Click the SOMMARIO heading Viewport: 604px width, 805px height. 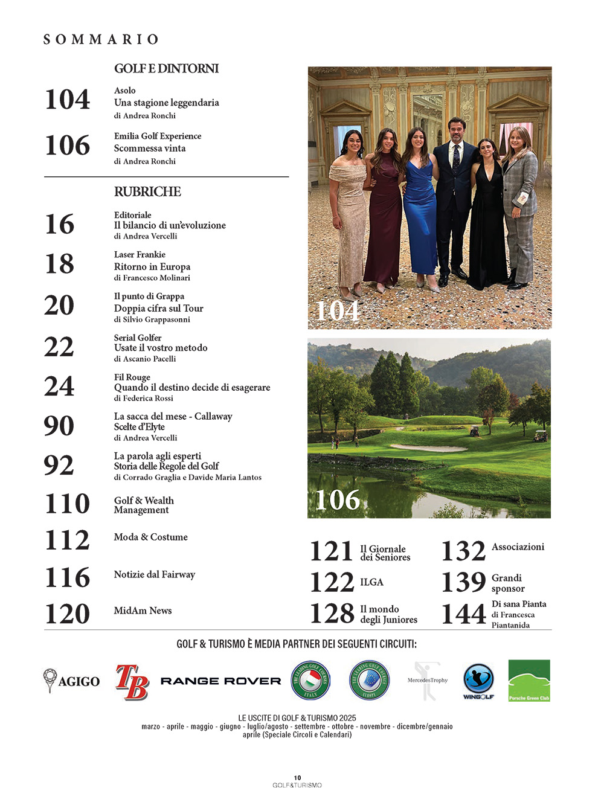101,40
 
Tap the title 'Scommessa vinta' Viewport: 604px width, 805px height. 150,149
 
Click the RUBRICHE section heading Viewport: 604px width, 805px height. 147,192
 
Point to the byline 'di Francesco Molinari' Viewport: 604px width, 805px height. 152,278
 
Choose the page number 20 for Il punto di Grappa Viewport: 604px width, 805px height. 59,306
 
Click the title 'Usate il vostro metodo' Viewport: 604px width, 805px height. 161,348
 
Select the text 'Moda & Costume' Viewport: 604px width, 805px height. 151,537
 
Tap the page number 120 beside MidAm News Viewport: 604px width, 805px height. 67,614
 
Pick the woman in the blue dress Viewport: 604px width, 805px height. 419,205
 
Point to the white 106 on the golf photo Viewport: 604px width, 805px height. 337,500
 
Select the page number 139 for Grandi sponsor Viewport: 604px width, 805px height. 463,582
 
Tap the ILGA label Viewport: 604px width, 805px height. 371,582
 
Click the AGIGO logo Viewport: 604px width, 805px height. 71,681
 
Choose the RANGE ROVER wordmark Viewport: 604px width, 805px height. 220,681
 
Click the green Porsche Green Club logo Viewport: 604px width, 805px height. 529,681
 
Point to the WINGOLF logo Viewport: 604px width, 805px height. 478,681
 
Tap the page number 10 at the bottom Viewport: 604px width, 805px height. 297,778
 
